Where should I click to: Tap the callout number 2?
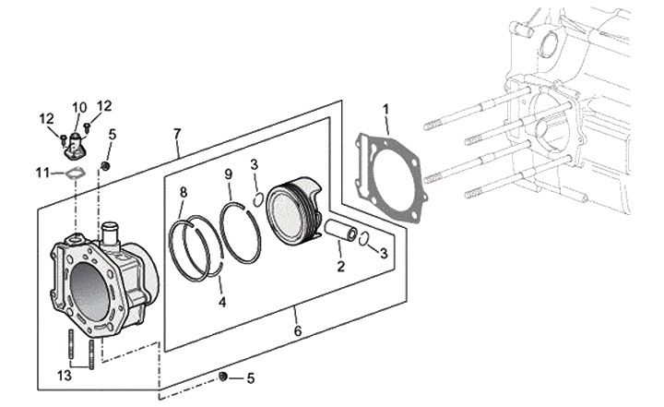[340, 268]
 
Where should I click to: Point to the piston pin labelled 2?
[339, 231]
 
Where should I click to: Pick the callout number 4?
[222, 301]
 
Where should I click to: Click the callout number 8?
[184, 192]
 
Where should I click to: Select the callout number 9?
[228, 174]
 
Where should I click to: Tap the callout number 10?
[79, 106]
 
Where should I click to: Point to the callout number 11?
[41, 172]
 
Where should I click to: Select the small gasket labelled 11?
[75, 172]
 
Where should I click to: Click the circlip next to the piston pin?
[364, 239]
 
